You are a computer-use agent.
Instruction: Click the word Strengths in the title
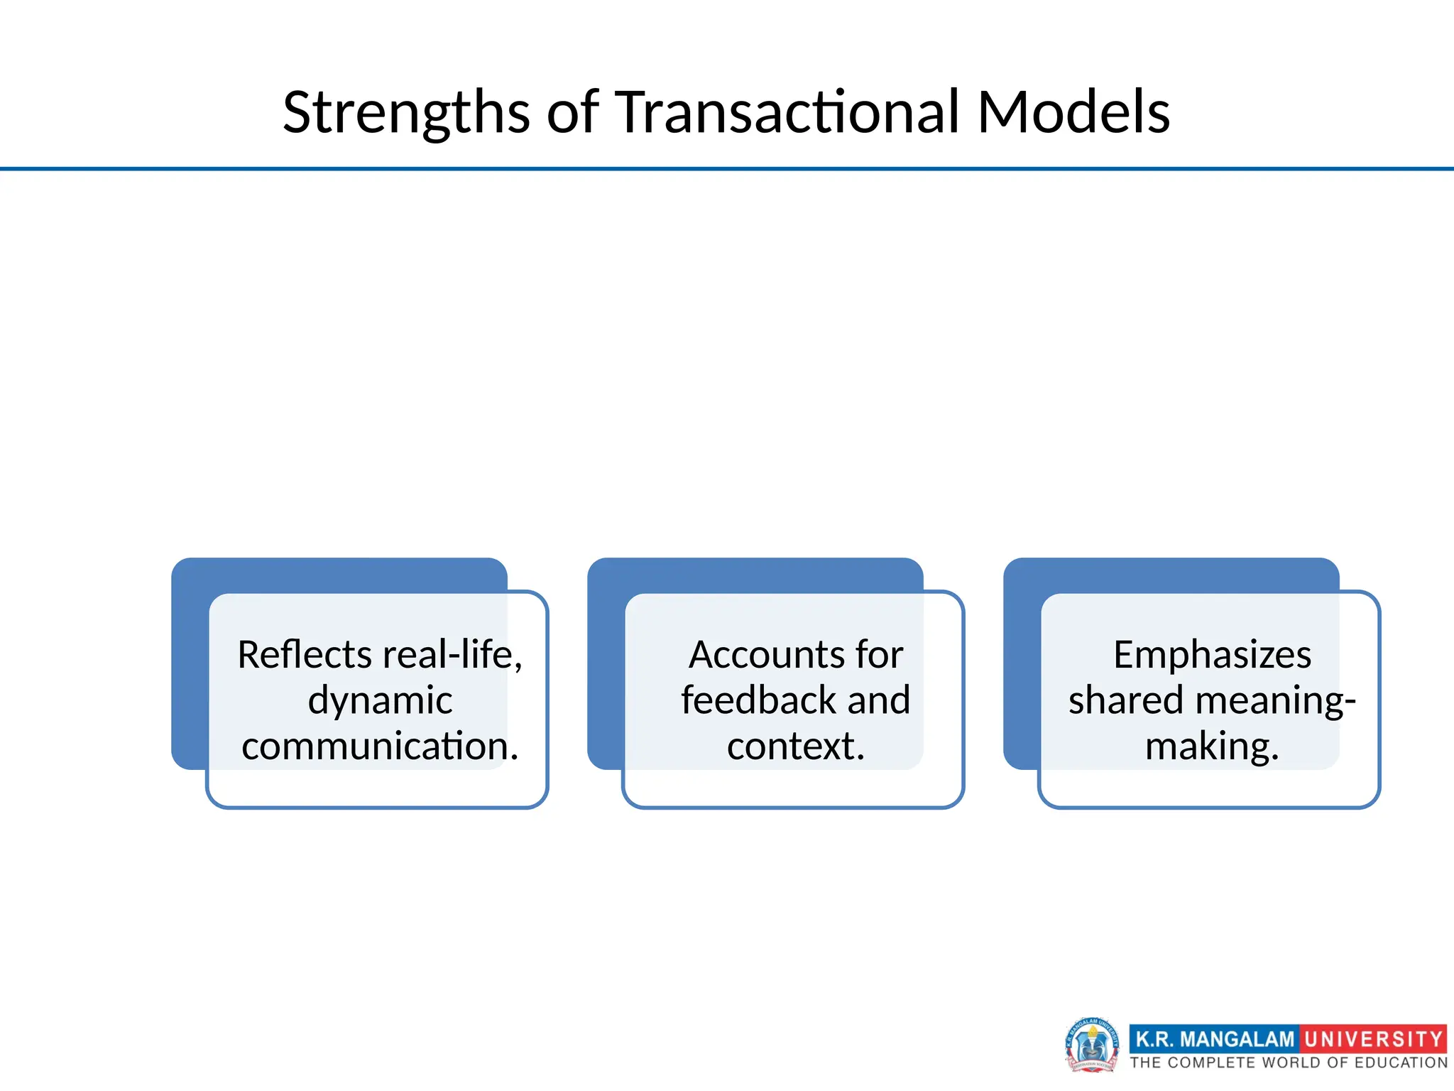[x=406, y=112]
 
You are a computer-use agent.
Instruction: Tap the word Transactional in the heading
[x=787, y=112]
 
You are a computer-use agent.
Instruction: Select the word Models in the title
[x=1073, y=112]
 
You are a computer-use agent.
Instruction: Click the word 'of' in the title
[x=572, y=112]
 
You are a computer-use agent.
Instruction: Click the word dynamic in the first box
[x=380, y=700]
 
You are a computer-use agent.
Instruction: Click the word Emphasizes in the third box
[x=1212, y=654]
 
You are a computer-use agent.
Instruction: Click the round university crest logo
[x=1091, y=1044]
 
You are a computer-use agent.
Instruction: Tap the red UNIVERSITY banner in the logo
[x=1373, y=1039]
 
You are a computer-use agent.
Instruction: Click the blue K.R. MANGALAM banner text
[x=1215, y=1039]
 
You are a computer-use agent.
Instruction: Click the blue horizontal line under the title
[x=727, y=169]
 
